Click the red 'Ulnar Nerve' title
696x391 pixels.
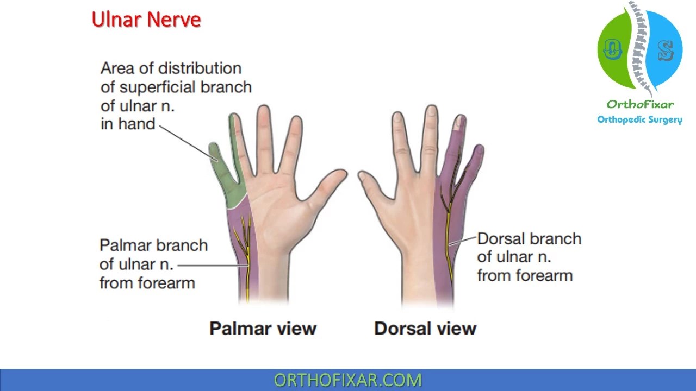click(146, 20)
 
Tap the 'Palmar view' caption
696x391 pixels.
click(263, 328)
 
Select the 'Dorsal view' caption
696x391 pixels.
click(425, 328)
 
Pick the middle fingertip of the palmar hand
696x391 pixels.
click(264, 114)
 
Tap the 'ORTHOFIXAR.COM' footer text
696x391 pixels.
click(347, 380)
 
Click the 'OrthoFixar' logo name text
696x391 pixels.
click(640, 104)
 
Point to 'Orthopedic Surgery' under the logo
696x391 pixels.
click(639, 119)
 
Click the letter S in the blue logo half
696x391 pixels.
click(665, 51)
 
